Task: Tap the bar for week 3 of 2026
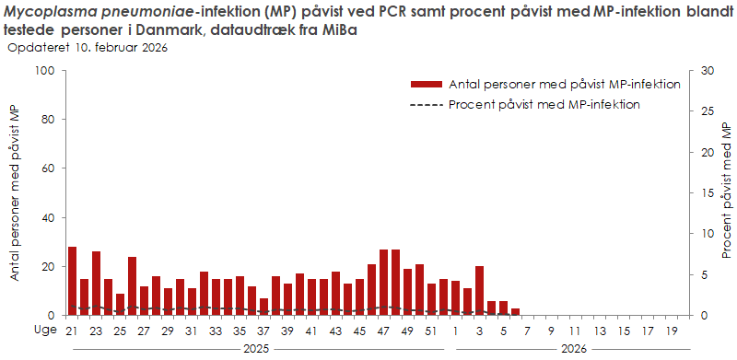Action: (479, 291)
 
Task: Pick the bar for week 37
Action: (264, 307)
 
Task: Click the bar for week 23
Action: (96, 283)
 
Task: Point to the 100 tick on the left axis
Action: (46, 71)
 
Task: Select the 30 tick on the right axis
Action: (707, 71)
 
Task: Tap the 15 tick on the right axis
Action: (707, 193)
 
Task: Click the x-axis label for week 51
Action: (430, 331)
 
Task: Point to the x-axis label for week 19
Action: (670, 331)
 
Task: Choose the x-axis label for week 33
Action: (215, 331)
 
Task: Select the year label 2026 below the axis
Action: (573, 349)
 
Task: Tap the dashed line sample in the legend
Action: (427, 104)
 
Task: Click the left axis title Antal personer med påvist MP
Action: (15, 193)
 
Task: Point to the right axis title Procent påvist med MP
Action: (727, 193)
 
